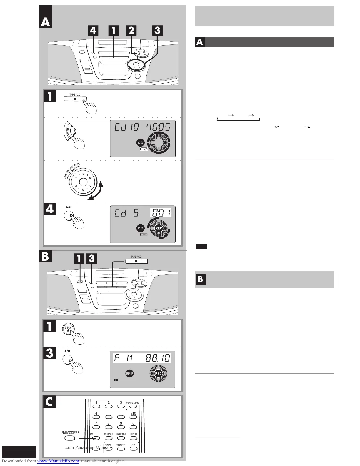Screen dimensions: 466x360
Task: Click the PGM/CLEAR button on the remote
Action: click(133, 406)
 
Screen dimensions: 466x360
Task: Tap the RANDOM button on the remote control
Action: click(121, 438)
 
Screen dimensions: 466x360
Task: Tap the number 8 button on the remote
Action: click(109, 427)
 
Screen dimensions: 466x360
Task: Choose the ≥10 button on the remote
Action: click(133, 417)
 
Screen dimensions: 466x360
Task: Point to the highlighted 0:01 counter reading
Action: click(161, 212)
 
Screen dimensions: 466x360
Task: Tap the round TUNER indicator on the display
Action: click(129, 374)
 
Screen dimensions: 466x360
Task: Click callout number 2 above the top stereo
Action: click(131, 31)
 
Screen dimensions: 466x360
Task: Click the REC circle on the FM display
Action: click(158, 374)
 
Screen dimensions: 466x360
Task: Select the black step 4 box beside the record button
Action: click(50, 209)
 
